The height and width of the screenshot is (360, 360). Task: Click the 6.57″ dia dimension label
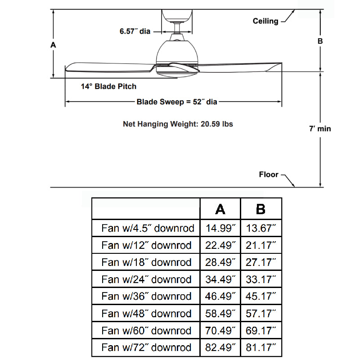135,31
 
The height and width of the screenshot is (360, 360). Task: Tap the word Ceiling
265,21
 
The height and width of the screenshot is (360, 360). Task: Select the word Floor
269,175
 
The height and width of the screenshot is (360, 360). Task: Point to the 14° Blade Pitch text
108,86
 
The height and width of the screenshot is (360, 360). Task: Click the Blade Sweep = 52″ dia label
177,102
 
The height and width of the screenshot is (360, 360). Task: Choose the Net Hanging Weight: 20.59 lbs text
178,124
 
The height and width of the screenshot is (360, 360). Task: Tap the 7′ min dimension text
320,129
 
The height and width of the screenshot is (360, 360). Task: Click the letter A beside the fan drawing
53,45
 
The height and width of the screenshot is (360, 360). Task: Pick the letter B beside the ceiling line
320,41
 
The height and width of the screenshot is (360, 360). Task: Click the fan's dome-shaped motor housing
177,51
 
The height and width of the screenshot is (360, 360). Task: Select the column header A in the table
220,209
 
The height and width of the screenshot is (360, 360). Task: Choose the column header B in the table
261,209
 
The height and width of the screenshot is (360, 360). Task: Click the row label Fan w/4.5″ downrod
147,228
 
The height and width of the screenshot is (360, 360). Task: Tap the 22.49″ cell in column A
220,245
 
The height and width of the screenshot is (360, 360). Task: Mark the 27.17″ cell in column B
261,262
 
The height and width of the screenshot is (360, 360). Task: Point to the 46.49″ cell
220,297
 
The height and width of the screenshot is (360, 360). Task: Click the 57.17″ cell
261,314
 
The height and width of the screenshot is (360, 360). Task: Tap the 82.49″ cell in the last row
220,348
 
